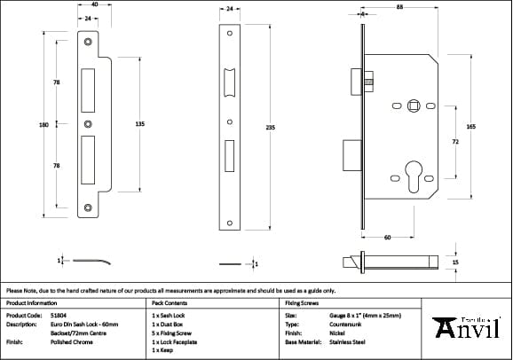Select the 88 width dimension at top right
400,8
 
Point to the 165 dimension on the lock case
470,128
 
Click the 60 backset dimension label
387,239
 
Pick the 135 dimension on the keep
139,125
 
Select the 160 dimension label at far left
43,125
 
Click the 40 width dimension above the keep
95,4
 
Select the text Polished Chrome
69,340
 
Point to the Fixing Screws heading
301,302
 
